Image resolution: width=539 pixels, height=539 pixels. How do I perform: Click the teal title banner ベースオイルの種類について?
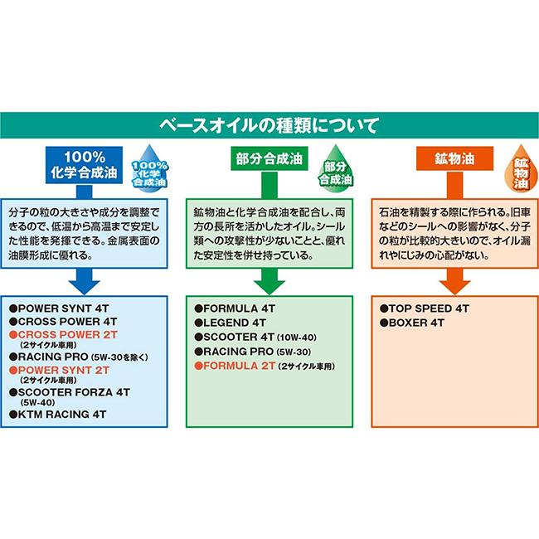pos(269,125)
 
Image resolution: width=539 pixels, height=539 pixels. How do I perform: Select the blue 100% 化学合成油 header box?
pos(85,165)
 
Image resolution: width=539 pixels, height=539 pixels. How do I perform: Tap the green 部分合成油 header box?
pos(269,158)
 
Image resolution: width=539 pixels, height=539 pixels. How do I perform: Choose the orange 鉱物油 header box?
pos(454,158)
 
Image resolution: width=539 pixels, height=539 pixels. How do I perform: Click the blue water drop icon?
pos(149,168)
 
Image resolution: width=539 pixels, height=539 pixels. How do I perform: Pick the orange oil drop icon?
pos(521,169)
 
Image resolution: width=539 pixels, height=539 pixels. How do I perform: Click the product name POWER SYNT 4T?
pos(63,308)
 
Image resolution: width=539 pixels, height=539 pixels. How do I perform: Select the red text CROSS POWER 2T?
pos(68,334)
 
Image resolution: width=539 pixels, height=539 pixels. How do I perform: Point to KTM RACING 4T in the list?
pos(62,415)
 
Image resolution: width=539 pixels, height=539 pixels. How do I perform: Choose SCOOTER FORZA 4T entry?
pos(74,392)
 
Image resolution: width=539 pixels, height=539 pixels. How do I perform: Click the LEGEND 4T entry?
pos(235,323)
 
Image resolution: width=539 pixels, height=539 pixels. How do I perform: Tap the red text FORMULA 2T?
pos(240,366)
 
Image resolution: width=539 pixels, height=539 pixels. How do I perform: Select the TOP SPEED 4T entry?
pos(429,308)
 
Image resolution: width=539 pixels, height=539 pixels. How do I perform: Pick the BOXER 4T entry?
pos(416,323)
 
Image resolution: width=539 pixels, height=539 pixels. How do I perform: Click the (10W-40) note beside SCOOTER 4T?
pos(297,337)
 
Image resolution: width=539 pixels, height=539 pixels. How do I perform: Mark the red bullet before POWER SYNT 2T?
pos(13,370)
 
